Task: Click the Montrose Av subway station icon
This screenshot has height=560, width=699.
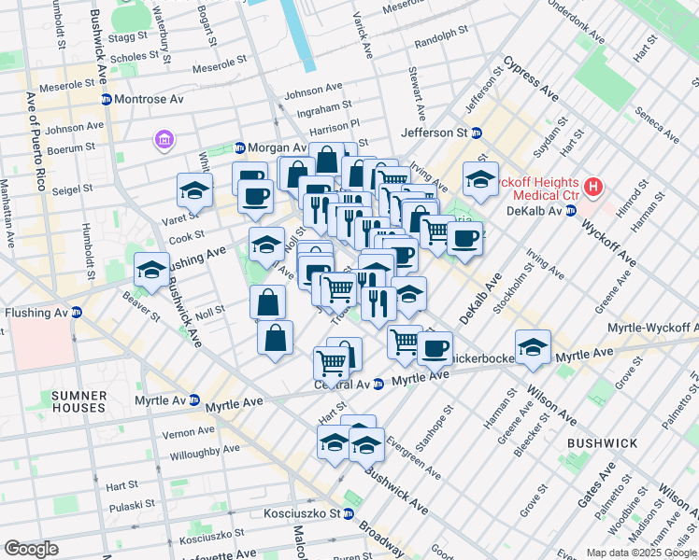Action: click(107, 99)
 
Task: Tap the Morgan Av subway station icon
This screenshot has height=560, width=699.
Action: click(240, 147)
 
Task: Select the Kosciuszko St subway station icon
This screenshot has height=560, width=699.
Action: click(348, 513)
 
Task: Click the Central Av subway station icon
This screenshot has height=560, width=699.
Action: click(378, 384)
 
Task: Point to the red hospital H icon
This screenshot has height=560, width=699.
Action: click(592, 189)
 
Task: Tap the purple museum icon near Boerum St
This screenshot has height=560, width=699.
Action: click(164, 141)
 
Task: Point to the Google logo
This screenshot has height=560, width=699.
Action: click(32, 549)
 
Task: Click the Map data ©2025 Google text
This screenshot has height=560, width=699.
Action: click(641, 553)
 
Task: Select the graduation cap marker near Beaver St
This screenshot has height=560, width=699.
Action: click(150, 270)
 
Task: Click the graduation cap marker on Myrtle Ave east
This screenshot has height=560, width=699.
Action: click(533, 347)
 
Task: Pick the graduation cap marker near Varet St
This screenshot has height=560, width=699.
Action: click(194, 190)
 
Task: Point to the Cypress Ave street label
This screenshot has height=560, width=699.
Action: click(531, 80)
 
